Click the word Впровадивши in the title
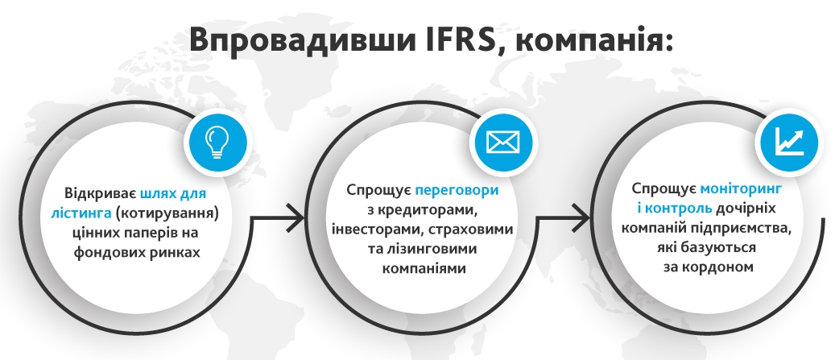click(x=302, y=39)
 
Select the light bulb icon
click(x=217, y=141)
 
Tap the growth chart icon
click(x=789, y=140)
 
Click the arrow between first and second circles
click(x=276, y=217)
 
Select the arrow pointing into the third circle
click(x=562, y=217)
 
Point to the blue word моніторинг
click(x=741, y=188)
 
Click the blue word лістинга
click(x=81, y=213)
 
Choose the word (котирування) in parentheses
click(x=167, y=213)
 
